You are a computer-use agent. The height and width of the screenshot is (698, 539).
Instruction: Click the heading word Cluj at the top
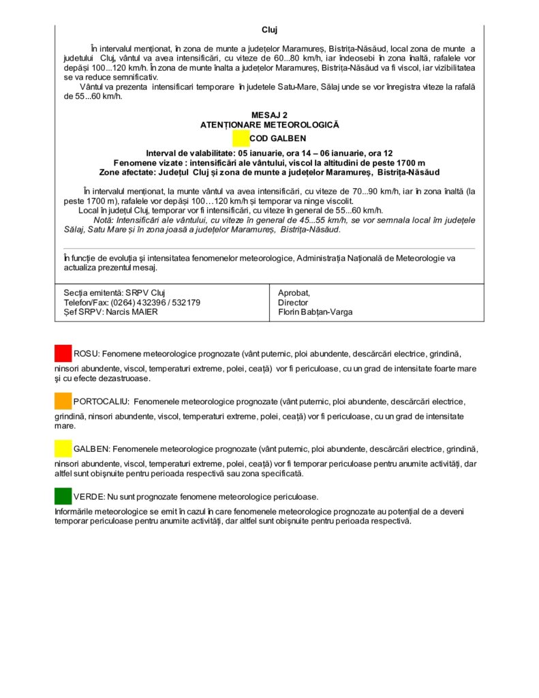click(269, 30)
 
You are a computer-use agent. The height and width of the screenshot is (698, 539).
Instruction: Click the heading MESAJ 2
click(269, 115)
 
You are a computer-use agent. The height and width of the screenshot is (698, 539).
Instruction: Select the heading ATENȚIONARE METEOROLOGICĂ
click(269, 125)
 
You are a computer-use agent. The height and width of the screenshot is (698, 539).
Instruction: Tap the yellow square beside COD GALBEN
click(241, 138)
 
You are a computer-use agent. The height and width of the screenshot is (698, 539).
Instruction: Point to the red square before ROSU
click(63, 353)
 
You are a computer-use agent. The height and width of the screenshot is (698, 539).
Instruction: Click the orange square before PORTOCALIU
click(63, 401)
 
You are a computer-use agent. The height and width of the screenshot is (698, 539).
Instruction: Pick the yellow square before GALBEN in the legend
click(63, 449)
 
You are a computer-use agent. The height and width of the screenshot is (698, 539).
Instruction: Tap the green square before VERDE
click(63, 496)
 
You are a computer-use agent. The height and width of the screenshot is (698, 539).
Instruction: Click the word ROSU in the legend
click(86, 354)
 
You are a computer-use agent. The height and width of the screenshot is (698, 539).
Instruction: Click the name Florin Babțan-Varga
click(315, 312)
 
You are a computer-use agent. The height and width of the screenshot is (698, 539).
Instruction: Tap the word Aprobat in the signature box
click(294, 292)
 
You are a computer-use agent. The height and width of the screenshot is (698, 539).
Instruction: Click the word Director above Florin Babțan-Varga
click(293, 303)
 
